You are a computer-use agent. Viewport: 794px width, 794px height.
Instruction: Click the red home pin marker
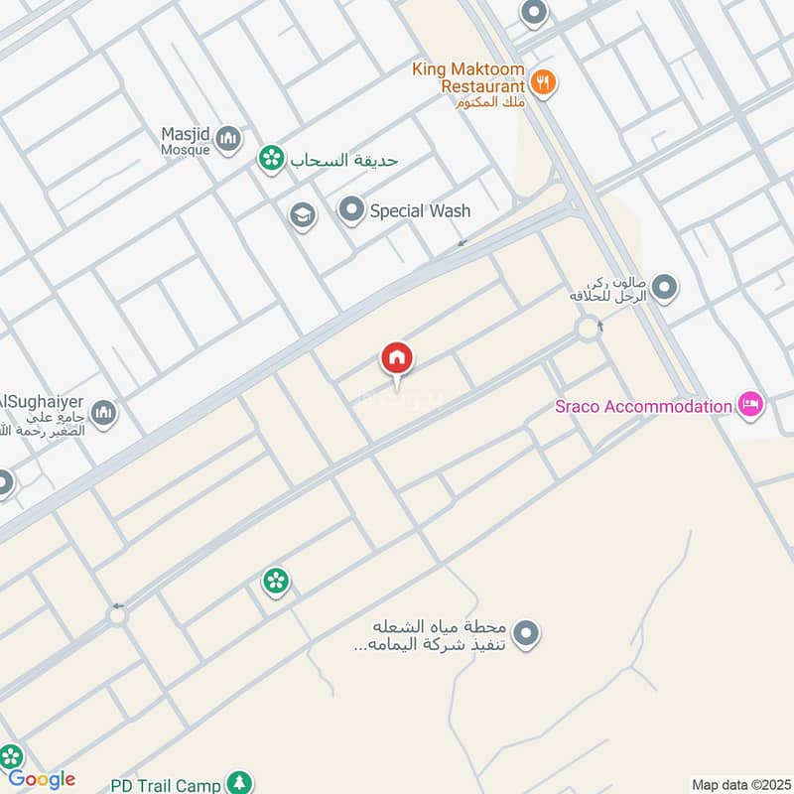pos(397,358)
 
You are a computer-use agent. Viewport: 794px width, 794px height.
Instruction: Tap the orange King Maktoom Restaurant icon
pos(542,83)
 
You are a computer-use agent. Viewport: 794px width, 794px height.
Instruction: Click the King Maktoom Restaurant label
pos(469,78)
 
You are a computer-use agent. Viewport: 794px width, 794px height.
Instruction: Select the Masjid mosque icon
pos(228,138)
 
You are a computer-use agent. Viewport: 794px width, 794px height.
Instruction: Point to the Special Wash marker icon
pos(350,210)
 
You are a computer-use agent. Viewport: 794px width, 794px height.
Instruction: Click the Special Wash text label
pos(420,210)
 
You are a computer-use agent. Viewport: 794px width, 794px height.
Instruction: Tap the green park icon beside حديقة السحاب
pos(268,158)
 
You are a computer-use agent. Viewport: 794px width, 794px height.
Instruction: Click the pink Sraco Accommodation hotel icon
pos(750,404)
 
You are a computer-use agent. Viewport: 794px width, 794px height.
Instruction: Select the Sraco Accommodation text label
pos(642,405)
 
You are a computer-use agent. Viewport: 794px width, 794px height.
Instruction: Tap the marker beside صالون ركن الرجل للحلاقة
pos(665,289)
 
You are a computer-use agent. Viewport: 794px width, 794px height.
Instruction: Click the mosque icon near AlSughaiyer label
pos(103,412)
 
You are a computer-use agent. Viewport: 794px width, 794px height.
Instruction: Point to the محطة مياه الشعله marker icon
pos(526,631)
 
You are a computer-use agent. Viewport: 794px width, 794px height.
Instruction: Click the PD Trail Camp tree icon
pos(238,784)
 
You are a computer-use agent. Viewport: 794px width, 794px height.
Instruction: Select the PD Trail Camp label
pos(166,785)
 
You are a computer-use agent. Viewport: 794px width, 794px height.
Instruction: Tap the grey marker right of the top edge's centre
pos(534,13)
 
